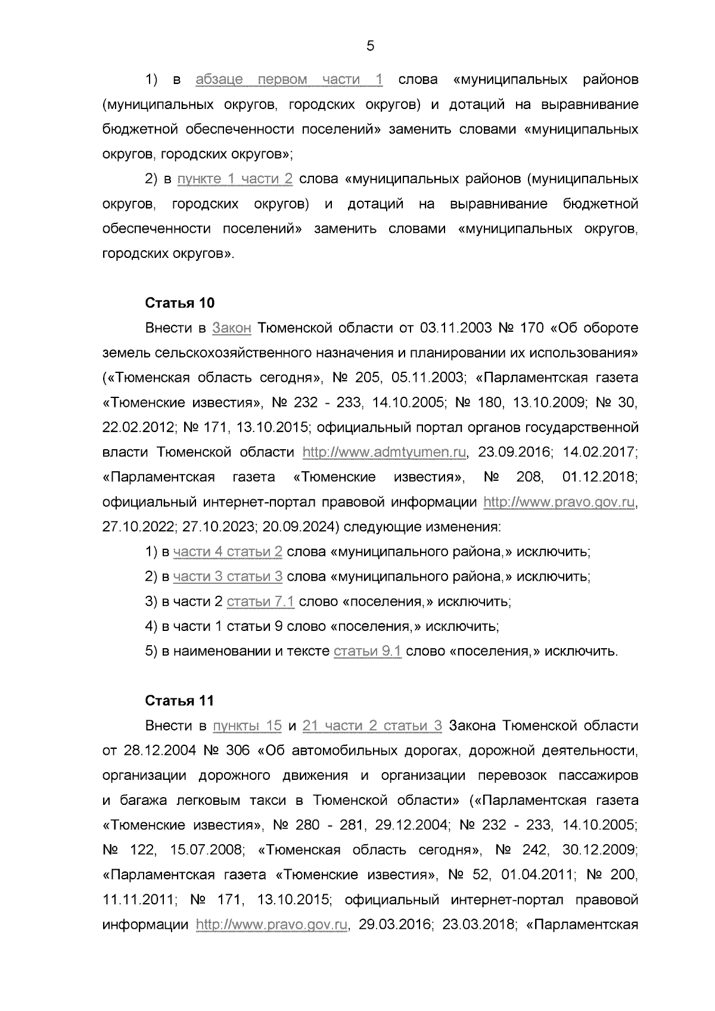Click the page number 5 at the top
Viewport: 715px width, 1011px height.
(370, 46)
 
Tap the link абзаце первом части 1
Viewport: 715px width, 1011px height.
(289, 80)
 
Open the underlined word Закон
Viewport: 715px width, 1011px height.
(232, 328)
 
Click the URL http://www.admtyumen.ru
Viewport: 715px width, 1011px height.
(384, 453)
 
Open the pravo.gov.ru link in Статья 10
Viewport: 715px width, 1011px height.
(559, 502)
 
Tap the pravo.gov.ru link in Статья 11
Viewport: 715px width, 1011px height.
(272, 925)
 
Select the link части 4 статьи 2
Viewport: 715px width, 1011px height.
(228, 552)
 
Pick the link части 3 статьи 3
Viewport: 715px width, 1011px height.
(228, 577)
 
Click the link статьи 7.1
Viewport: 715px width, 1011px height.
(260, 602)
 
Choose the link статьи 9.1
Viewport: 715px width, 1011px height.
(368, 651)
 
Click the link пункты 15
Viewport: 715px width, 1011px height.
(247, 726)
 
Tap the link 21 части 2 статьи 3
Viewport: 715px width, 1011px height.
(372, 726)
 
